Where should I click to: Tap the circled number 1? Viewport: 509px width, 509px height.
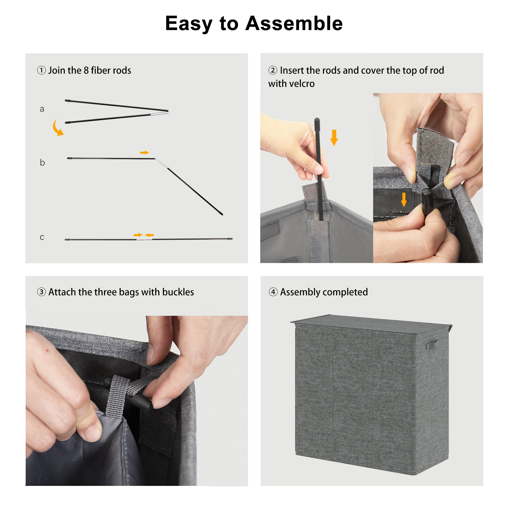click(x=41, y=70)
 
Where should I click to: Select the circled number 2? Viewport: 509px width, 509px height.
click(x=273, y=70)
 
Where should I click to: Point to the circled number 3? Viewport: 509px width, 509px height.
click(x=41, y=292)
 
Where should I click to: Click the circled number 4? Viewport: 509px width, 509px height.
click(x=273, y=292)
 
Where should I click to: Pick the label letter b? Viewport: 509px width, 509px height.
click(x=42, y=163)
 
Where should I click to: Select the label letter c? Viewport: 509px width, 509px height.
click(x=42, y=237)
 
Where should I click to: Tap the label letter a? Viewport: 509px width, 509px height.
click(x=42, y=109)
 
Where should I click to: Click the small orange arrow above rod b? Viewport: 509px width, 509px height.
click(x=145, y=152)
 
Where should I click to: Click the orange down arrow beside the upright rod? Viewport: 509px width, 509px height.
click(x=334, y=137)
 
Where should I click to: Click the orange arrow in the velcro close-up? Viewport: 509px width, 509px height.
click(x=404, y=200)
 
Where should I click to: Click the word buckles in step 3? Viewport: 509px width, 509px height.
click(x=178, y=292)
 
